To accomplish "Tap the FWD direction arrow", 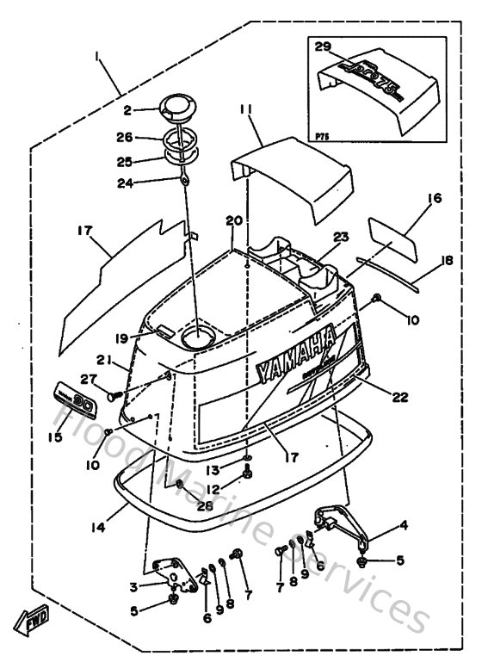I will click(x=29, y=616).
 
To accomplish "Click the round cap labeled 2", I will click(x=179, y=109).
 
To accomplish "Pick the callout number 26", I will click(x=126, y=136).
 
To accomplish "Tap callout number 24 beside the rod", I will click(x=126, y=182).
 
